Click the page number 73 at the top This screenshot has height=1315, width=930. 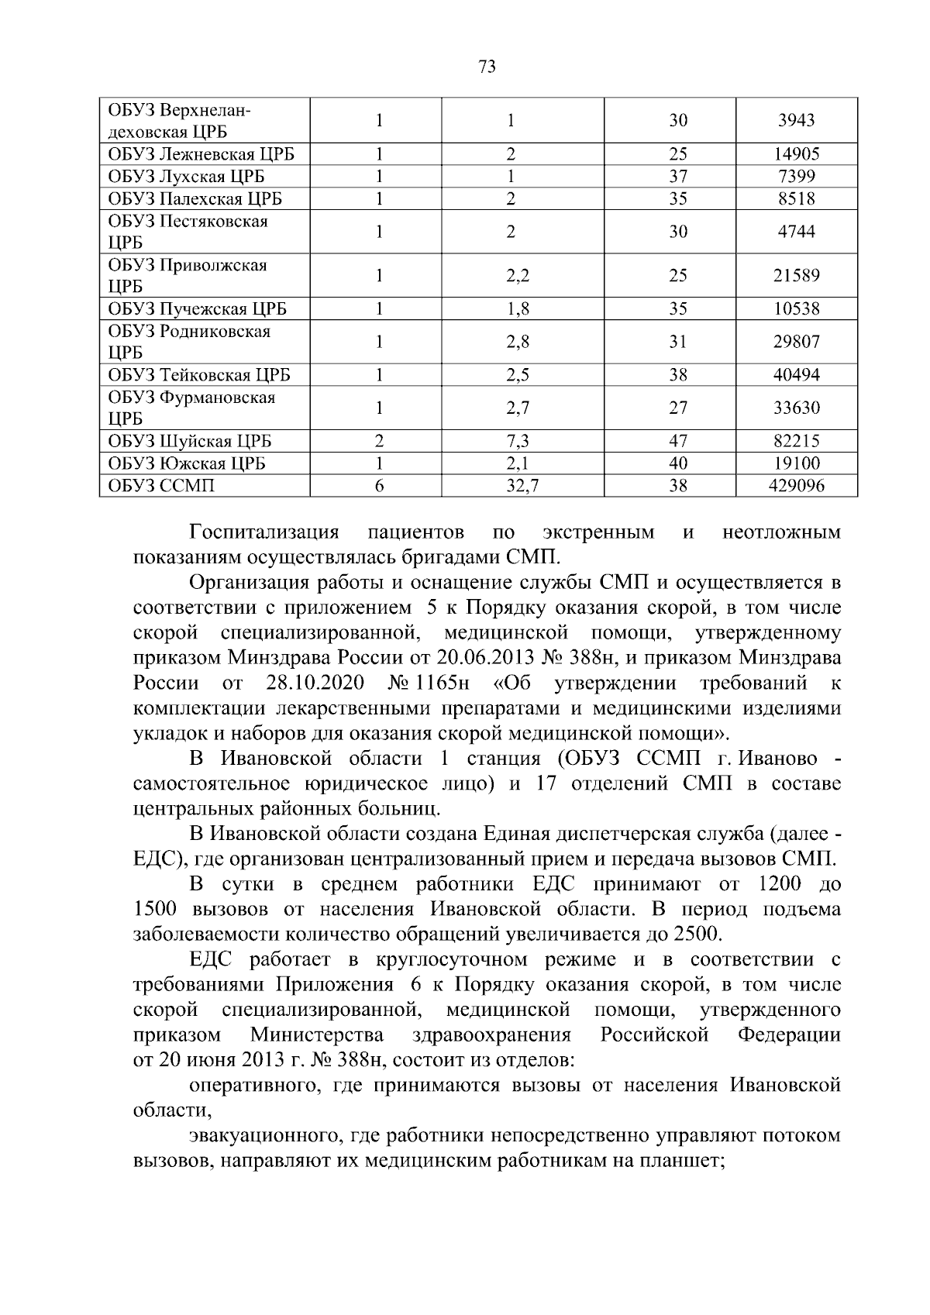[487, 67]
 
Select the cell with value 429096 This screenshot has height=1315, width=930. [796, 486]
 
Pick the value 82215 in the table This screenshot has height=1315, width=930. [796, 442]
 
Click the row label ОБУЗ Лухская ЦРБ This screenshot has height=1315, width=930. [186, 177]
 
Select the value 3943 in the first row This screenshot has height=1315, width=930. [796, 121]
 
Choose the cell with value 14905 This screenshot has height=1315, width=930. [796, 154]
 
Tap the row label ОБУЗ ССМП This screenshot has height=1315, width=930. [161, 486]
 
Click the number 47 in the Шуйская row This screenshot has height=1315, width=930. [678, 442]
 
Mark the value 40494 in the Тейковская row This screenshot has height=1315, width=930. [796, 376]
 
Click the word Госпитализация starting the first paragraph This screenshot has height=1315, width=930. [264, 533]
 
